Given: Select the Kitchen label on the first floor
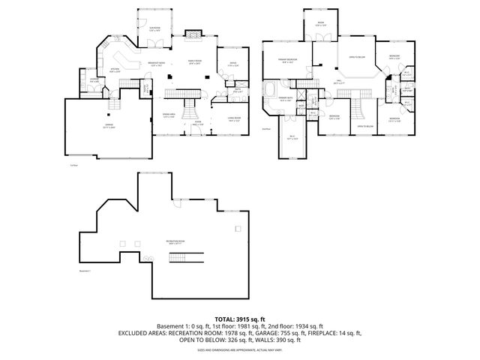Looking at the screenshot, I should [115, 70].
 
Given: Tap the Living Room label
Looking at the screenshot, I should [233, 118].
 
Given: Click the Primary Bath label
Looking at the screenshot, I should [286, 98].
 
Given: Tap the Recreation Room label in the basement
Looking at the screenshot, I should [177, 241].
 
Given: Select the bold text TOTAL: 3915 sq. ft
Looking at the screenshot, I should [240, 318].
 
